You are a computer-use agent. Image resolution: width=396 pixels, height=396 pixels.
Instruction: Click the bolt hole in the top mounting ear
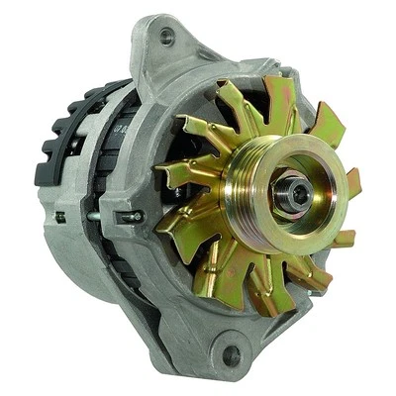[166, 36]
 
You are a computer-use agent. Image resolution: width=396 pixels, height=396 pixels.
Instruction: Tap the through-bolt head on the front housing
[128, 216]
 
